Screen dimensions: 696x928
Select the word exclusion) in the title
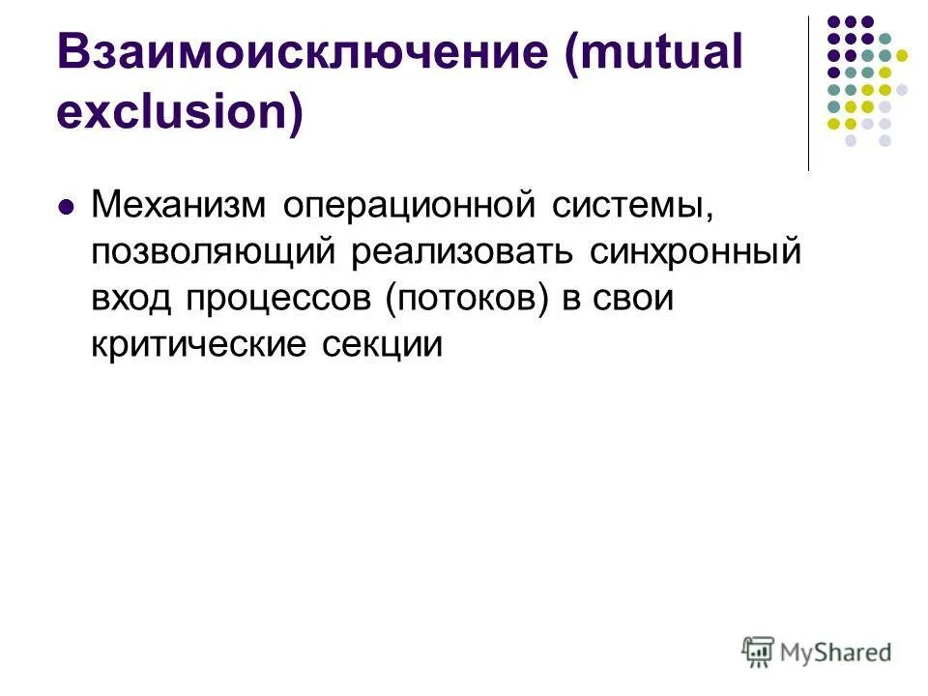(180, 113)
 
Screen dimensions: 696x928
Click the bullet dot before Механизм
(67, 207)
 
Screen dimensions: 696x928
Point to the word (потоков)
(468, 299)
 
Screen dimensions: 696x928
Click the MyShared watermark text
(835, 653)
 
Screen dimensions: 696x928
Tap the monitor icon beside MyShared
(759, 652)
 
